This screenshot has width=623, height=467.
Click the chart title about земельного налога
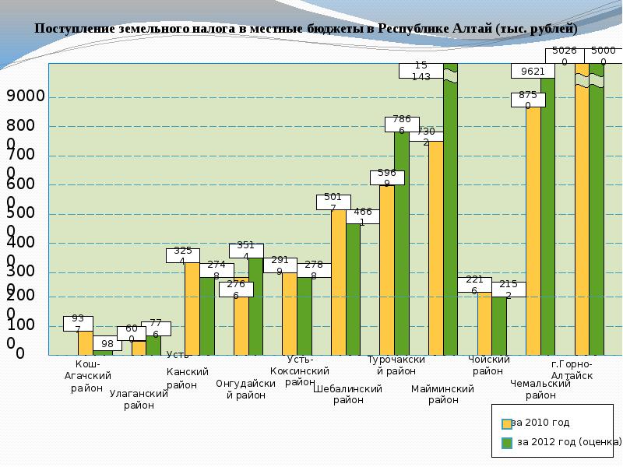point(305,29)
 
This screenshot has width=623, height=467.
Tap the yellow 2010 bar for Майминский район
point(436,249)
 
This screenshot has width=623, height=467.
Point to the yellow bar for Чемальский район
point(533,233)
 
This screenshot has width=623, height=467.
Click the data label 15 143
point(421,71)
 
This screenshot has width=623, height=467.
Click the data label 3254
point(183,256)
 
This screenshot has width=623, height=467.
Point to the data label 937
point(78,323)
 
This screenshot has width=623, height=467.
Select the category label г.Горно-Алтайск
point(572,370)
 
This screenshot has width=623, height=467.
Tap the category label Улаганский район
point(139,399)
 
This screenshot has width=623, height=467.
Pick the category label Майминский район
point(443,394)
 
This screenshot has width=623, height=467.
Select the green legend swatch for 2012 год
point(507,443)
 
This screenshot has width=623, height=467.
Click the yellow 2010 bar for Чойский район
point(484,323)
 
